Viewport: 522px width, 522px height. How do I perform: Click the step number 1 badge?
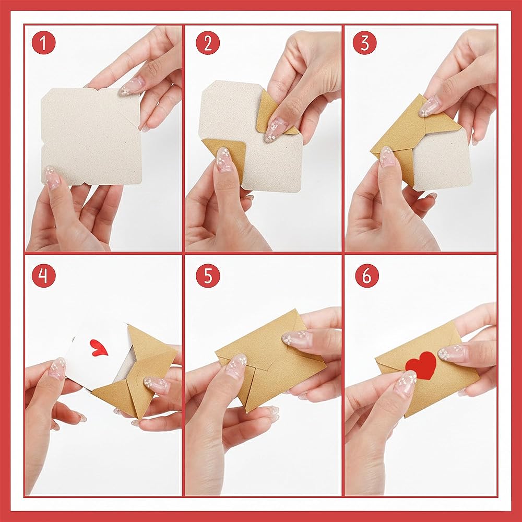(44, 43)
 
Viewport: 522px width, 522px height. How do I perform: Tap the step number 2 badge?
(208, 43)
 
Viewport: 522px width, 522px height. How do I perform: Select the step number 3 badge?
(365, 43)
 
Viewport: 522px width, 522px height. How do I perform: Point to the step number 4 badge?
(44, 276)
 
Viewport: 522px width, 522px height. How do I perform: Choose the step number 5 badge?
(208, 276)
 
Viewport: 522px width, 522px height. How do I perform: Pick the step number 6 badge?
(367, 276)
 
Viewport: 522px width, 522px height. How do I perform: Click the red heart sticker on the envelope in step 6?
(421, 365)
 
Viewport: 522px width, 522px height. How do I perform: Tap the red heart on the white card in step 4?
(99, 348)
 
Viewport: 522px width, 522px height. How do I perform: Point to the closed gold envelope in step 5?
(270, 360)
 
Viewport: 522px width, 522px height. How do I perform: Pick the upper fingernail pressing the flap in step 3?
(428, 106)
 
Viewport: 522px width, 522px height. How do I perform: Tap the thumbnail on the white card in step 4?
(57, 369)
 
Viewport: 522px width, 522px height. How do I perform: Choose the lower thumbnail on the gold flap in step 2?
(224, 159)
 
